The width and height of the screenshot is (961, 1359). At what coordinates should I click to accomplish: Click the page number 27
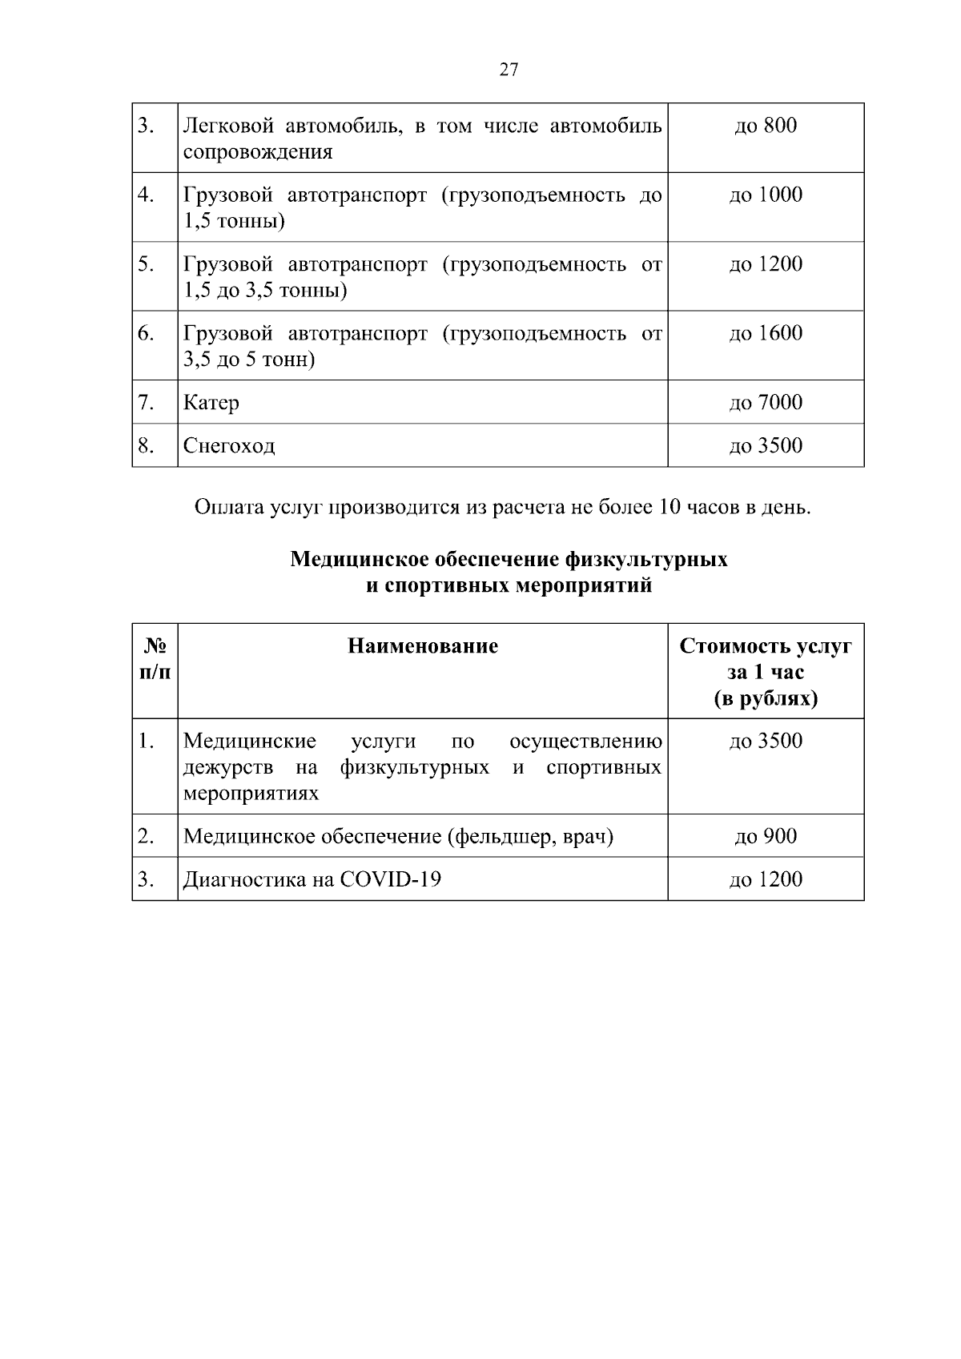(509, 70)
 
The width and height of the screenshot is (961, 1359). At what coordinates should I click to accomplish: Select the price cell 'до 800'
(766, 126)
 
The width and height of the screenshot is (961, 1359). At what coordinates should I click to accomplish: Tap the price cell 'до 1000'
(766, 195)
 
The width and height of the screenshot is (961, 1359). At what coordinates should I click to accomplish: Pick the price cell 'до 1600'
(766, 333)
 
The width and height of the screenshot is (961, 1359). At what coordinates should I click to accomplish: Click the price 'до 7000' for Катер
(766, 402)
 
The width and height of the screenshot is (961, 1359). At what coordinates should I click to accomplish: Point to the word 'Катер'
(211, 403)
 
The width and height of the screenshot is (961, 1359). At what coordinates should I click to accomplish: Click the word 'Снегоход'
(229, 446)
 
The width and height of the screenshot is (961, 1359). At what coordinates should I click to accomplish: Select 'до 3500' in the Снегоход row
(766, 445)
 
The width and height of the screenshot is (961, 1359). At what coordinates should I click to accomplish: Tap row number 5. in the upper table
(146, 264)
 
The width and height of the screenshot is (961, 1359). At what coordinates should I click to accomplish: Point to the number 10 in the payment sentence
(669, 508)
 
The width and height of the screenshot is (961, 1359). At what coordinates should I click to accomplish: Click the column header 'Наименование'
(423, 646)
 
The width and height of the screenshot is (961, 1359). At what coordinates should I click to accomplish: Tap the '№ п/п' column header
(155, 659)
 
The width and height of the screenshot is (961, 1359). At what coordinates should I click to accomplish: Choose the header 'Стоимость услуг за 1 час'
(766, 659)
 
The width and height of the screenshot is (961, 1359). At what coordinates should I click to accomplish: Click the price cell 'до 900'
(766, 836)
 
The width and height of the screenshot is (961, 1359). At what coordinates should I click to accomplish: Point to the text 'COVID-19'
(391, 880)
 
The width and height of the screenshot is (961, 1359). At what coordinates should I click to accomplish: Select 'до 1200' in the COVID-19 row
(766, 879)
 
